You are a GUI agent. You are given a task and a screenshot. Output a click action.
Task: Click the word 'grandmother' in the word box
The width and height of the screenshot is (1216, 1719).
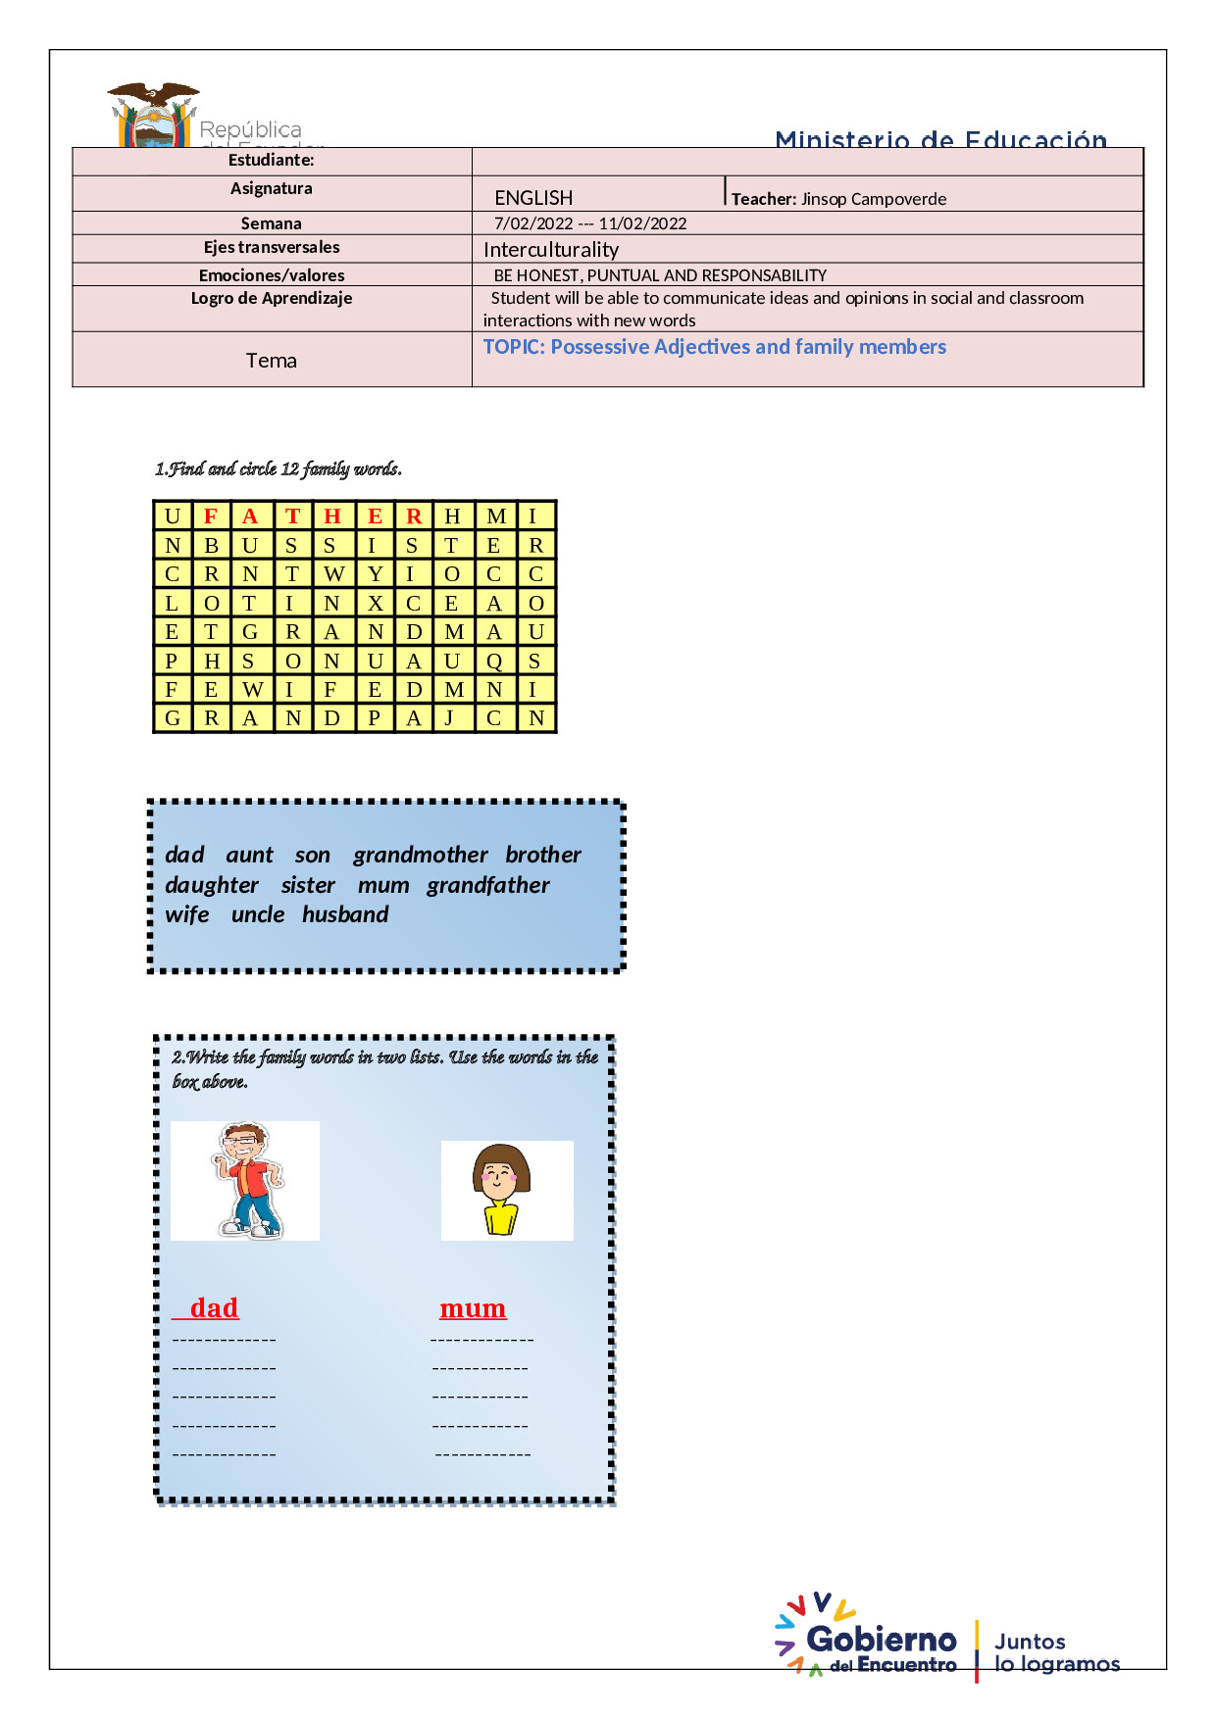(420, 855)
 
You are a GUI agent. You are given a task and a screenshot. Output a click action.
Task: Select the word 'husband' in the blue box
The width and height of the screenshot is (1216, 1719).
(345, 914)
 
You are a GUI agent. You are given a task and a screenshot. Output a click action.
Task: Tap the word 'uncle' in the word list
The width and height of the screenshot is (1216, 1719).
(258, 914)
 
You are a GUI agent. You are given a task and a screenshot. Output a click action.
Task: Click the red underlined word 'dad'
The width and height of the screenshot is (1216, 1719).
(214, 1307)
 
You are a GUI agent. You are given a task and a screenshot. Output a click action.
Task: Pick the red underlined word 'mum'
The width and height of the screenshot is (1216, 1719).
(473, 1307)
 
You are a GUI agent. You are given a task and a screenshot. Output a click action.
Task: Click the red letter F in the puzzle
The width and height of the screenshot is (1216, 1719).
(211, 516)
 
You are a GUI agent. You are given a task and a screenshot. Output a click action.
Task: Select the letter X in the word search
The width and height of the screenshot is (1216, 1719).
(375, 603)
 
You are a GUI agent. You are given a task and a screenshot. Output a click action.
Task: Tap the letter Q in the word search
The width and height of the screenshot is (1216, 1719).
(494, 661)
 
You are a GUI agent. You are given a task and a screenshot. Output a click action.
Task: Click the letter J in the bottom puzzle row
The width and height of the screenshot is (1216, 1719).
(450, 717)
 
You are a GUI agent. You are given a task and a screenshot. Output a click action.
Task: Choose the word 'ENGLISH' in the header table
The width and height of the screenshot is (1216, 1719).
(533, 198)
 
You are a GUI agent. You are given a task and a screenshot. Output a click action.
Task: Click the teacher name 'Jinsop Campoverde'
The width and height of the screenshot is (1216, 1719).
(873, 199)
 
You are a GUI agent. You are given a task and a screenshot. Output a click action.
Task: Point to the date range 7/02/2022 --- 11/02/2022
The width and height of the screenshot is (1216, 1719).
(590, 223)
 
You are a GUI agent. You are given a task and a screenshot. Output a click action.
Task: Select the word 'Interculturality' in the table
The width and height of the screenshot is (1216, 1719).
(551, 250)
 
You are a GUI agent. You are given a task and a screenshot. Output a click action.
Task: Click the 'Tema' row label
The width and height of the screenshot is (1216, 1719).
(272, 361)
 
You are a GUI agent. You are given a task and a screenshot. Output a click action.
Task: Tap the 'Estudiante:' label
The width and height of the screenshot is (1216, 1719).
(272, 160)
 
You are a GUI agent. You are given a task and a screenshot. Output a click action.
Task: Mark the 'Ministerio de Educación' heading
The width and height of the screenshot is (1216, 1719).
(940, 140)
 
